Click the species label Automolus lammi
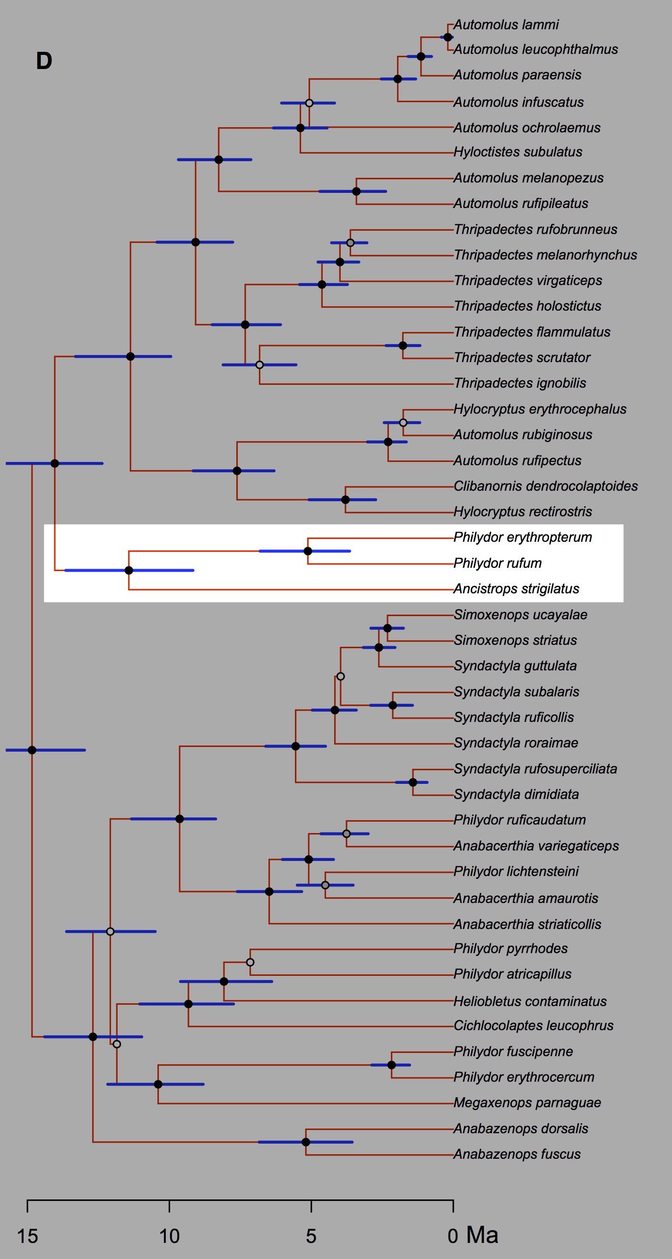point(506,25)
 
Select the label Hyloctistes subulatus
point(517,152)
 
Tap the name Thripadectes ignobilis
point(520,383)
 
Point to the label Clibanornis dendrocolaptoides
point(545,486)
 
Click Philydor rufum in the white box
point(498,563)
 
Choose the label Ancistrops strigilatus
point(516,589)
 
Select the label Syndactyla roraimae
point(516,743)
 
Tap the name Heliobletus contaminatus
point(530,1001)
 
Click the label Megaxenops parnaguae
point(527,1103)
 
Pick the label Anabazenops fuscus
point(517,1155)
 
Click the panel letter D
point(44,61)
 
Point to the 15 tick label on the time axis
point(27,1236)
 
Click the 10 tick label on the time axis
point(169,1236)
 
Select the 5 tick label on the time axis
point(311,1236)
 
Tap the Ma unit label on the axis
point(482,1235)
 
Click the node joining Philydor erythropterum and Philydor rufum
point(308,551)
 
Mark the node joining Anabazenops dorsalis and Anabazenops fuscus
point(306,1142)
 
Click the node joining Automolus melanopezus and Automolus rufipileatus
point(356,191)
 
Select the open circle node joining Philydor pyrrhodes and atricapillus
point(250,962)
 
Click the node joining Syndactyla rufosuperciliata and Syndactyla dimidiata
point(413,782)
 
